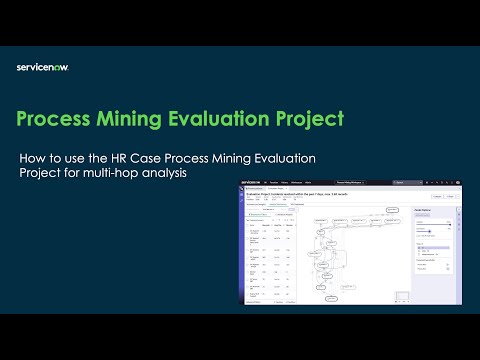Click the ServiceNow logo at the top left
coord(42,67)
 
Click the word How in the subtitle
coord(33,158)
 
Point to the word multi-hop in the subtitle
coord(118,174)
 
